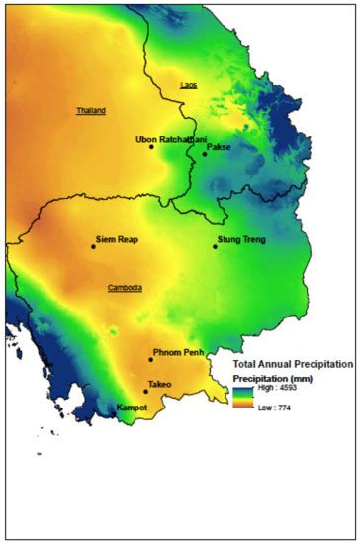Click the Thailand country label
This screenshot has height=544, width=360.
(91, 110)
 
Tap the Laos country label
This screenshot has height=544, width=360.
(188, 85)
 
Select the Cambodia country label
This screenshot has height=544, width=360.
(125, 288)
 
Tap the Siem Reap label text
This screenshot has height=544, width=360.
(117, 239)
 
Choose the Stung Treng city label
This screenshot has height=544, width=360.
(240, 239)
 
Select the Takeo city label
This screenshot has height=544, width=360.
(159, 384)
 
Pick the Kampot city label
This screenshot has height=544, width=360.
(132, 407)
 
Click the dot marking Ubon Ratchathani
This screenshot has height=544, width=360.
(151, 146)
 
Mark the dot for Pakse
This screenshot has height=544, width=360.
(205, 153)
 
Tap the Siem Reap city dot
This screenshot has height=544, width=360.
(93, 246)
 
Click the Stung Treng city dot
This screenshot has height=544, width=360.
(215, 246)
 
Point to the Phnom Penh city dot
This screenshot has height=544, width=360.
(150, 360)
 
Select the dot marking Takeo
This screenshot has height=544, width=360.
(145, 391)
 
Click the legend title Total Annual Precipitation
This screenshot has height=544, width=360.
(292, 365)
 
